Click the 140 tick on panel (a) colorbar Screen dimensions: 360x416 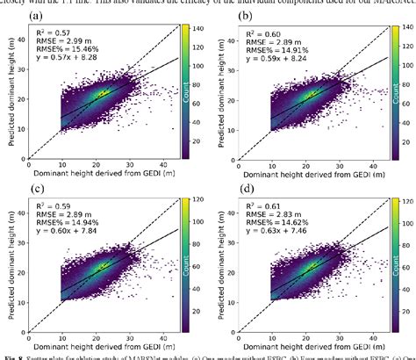point(194,30)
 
